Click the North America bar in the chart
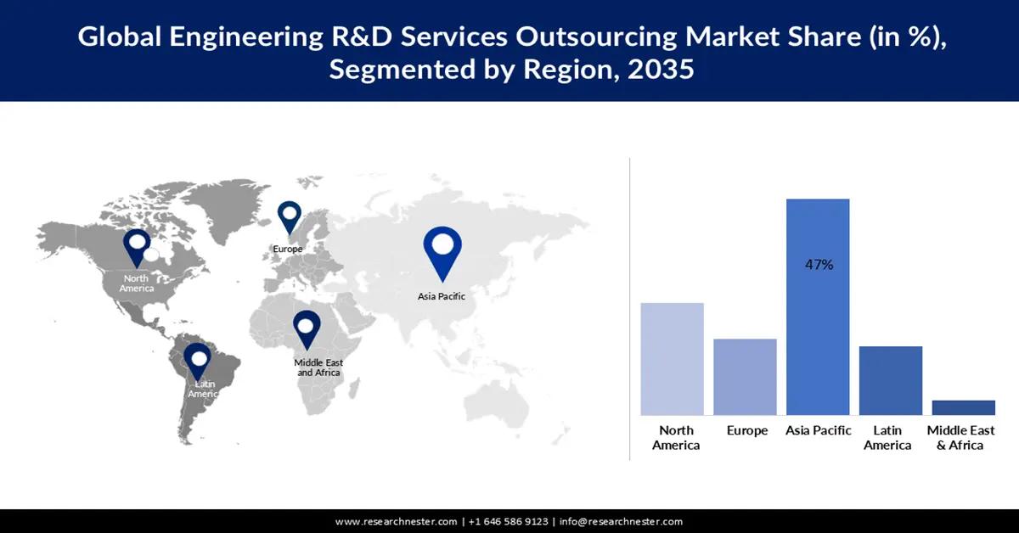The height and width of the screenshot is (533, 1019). pyautogui.click(x=672, y=358)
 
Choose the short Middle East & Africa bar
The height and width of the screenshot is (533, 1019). pyautogui.click(x=963, y=407)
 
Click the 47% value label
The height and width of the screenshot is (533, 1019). pyautogui.click(x=819, y=265)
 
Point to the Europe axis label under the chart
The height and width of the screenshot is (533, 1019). pyautogui.click(x=747, y=431)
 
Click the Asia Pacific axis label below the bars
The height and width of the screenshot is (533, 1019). pyautogui.click(x=819, y=431)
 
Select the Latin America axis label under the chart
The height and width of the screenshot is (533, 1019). pyautogui.click(x=887, y=438)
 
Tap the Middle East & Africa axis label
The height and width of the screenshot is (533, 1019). pyautogui.click(x=960, y=438)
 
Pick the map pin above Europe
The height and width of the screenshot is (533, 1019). pyautogui.click(x=290, y=216)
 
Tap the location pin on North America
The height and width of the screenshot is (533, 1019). pyautogui.click(x=136, y=247)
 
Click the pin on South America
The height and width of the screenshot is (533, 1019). pyautogui.click(x=199, y=362)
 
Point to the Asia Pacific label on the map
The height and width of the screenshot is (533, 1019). pyautogui.click(x=442, y=297)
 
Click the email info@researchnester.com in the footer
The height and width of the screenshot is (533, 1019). pyautogui.click(x=621, y=522)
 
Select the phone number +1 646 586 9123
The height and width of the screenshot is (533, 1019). pyautogui.click(x=507, y=522)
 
